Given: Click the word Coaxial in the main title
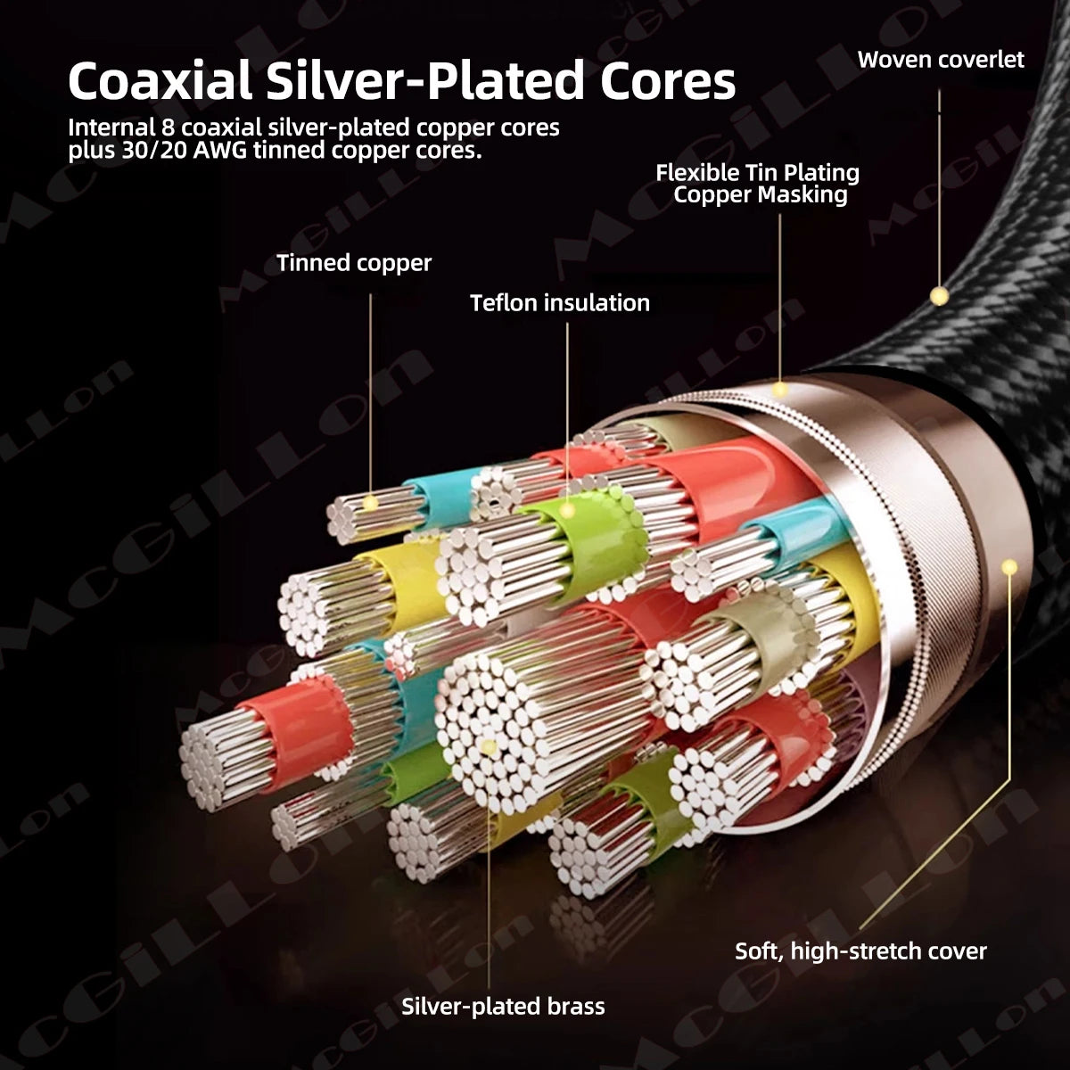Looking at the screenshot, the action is (160, 82).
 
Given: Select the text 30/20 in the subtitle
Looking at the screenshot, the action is (154, 151).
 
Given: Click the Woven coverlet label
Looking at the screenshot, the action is (941, 60).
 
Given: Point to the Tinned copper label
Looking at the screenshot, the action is (354, 263).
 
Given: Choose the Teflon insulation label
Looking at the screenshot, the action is (560, 302).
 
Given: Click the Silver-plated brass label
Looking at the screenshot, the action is (503, 1006).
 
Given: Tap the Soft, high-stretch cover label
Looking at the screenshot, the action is (860, 951).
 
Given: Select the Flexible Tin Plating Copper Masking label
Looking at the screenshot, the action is (758, 184).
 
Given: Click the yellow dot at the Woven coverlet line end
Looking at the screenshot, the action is (939, 295).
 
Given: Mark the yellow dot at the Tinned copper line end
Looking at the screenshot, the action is (370, 504).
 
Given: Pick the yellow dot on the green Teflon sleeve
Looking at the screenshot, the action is (567, 510).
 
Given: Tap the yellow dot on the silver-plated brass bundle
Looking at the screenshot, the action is (489, 747).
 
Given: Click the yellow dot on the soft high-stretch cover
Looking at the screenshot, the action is (1008, 567).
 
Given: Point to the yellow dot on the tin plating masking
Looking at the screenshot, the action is (780, 390).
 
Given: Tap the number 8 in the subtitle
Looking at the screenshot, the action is (169, 128).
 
